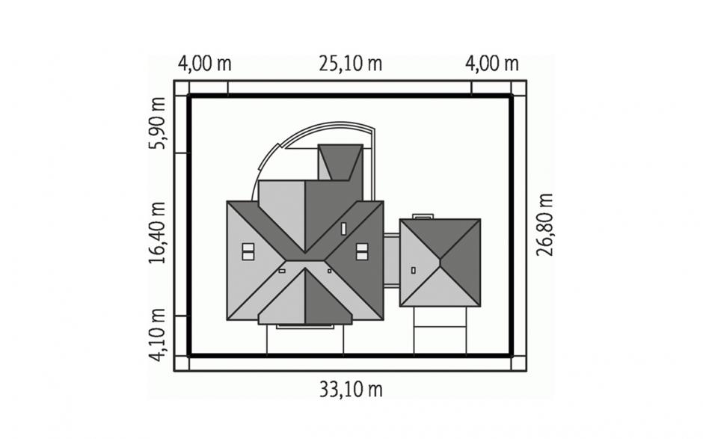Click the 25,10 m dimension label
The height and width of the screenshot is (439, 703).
pyautogui.click(x=351, y=64)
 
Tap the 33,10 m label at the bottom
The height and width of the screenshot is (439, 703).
pyautogui.click(x=351, y=389)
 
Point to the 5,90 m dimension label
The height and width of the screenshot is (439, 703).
pyautogui.click(x=157, y=123)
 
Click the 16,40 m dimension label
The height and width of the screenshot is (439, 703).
pyautogui.click(x=157, y=233)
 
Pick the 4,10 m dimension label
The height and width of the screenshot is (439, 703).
pyautogui.click(x=157, y=335)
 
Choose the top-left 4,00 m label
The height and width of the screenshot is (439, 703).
pyautogui.click(x=204, y=64)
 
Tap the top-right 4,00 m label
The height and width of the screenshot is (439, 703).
pyautogui.click(x=492, y=64)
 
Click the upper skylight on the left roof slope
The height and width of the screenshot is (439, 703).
pyautogui.click(x=248, y=247)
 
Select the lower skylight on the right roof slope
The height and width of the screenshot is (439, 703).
pyautogui.click(x=362, y=256)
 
